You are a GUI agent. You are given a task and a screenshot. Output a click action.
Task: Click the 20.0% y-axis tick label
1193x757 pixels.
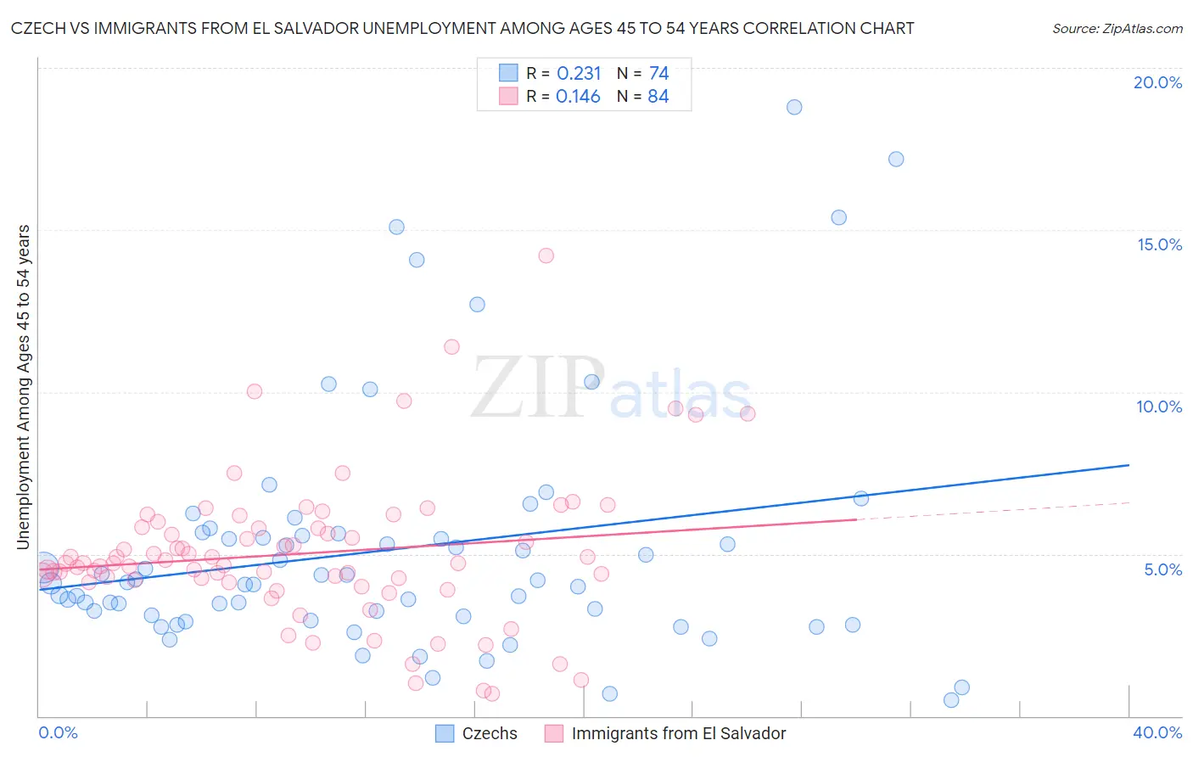(x=1157, y=82)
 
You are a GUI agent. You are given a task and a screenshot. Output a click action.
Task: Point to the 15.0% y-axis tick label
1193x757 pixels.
(x=1159, y=244)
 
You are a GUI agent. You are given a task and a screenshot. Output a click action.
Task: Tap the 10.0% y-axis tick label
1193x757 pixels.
(x=1159, y=407)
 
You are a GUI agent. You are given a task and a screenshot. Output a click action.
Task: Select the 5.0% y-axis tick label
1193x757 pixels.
(x=1162, y=569)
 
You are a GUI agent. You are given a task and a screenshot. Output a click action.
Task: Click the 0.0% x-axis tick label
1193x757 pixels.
(x=58, y=732)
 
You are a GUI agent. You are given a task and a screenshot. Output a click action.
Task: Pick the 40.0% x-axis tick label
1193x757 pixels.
(x=1157, y=732)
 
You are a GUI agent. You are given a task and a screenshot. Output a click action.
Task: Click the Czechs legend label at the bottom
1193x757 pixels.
(x=490, y=733)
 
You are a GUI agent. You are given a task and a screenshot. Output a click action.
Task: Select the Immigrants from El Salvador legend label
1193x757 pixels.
(x=679, y=733)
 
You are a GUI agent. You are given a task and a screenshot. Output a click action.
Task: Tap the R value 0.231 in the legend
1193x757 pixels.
(x=579, y=74)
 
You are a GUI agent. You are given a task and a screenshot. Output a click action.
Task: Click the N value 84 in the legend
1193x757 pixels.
(x=658, y=97)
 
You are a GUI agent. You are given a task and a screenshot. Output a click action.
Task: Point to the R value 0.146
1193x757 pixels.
(x=578, y=97)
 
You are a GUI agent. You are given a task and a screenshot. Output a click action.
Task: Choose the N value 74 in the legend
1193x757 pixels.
(x=658, y=74)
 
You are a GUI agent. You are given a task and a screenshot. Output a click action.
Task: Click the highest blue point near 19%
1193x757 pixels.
(x=794, y=107)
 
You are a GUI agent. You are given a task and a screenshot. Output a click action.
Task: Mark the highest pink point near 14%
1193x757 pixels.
(x=546, y=255)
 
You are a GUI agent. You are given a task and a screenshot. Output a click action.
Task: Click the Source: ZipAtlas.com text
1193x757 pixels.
(x=1117, y=28)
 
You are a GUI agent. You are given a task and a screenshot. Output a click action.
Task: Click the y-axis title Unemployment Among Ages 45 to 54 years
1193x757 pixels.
(x=23, y=387)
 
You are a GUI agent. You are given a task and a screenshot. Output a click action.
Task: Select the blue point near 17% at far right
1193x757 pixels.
(x=896, y=159)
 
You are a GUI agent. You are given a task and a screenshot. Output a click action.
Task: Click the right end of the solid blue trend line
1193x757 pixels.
(x=1129, y=465)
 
